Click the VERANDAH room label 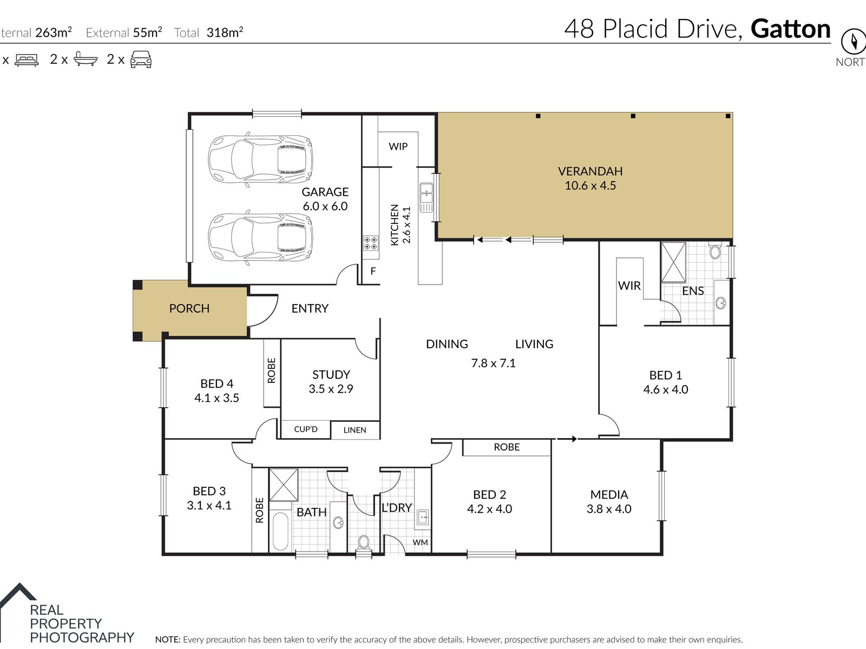point(590,171)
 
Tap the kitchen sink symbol point(426,197)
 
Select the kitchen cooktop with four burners point(370,243)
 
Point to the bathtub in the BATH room point(280,531)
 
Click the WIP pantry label point(398,147)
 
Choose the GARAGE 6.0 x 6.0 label point(325,199)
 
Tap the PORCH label point(189,308)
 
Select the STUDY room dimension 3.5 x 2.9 point(331,389)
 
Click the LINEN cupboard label point(355,430)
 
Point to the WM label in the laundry point(420,542)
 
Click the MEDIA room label point(609,494)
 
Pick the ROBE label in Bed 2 point(507,447)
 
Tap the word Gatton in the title point(790,29)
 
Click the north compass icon point(854,41)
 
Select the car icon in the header point(141,59)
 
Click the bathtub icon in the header point(86,59)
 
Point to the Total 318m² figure point(208,32)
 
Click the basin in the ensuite point(721,303)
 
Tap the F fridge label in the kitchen point(373,271)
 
